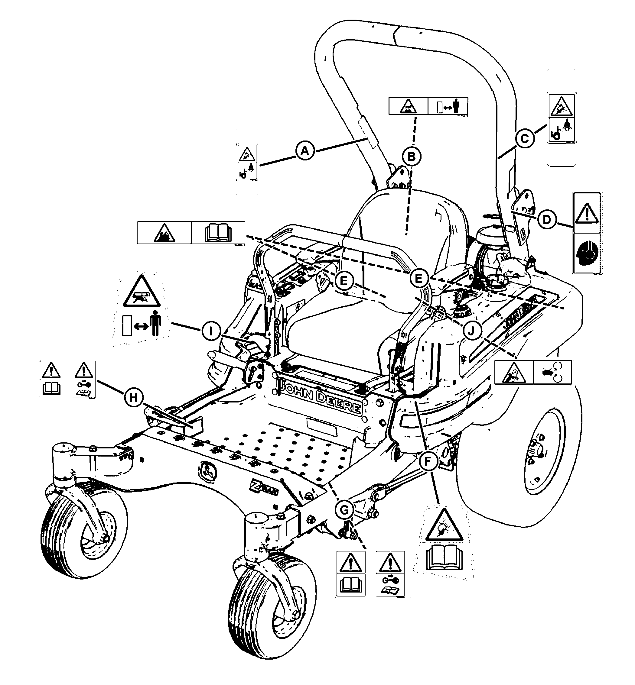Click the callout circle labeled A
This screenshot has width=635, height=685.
pyautogui.click(x=305, y=150)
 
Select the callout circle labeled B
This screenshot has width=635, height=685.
pyautogui.click(x=411, y=157)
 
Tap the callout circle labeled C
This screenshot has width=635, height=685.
pyautogui.click(x=525, y=139)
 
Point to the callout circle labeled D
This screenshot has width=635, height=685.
pyautogui.click(x=546, y=219)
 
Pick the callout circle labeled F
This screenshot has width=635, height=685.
pyautogui.click(x=428, y=461)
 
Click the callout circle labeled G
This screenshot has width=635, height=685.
pyautogui.click(x=344, y=509)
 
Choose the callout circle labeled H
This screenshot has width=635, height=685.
pyautogui.click(x=133, y=397)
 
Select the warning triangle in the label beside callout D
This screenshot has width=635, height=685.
pyautogui.click(x=587, y=213)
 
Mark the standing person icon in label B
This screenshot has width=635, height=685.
pyautogui.click(x=456, y=106)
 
